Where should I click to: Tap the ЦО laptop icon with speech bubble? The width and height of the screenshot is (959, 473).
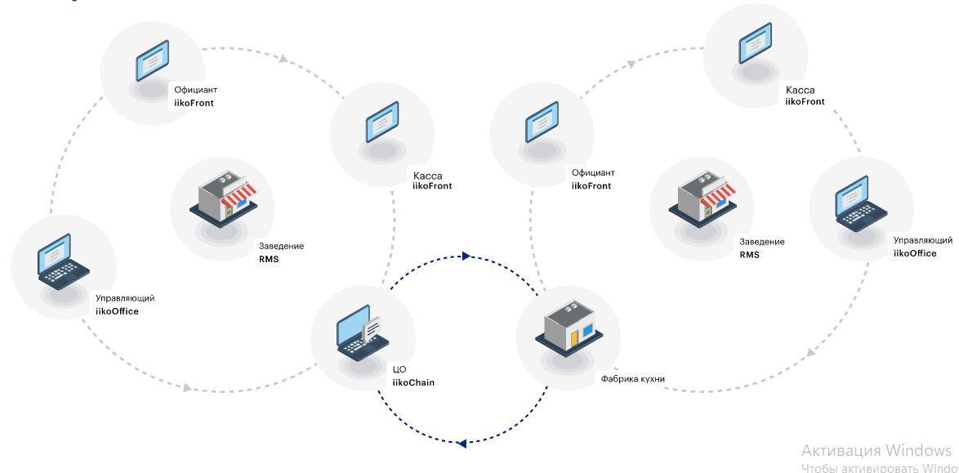click(358, 335)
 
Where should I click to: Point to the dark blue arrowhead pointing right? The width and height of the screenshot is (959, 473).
click(466, 256)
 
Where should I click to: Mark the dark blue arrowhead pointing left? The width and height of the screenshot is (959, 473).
click(462, 444)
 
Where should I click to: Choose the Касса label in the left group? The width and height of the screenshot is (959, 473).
click(427, 175)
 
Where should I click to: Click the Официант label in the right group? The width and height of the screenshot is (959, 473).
click(593, 173)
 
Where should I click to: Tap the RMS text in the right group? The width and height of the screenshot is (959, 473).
click(749, 255)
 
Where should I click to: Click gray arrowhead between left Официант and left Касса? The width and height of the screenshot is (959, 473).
click(283, 59)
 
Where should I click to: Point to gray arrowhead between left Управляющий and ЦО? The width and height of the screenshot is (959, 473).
click(188, 388)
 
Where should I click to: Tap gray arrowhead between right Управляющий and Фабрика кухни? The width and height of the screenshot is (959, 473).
click(811, 352)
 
